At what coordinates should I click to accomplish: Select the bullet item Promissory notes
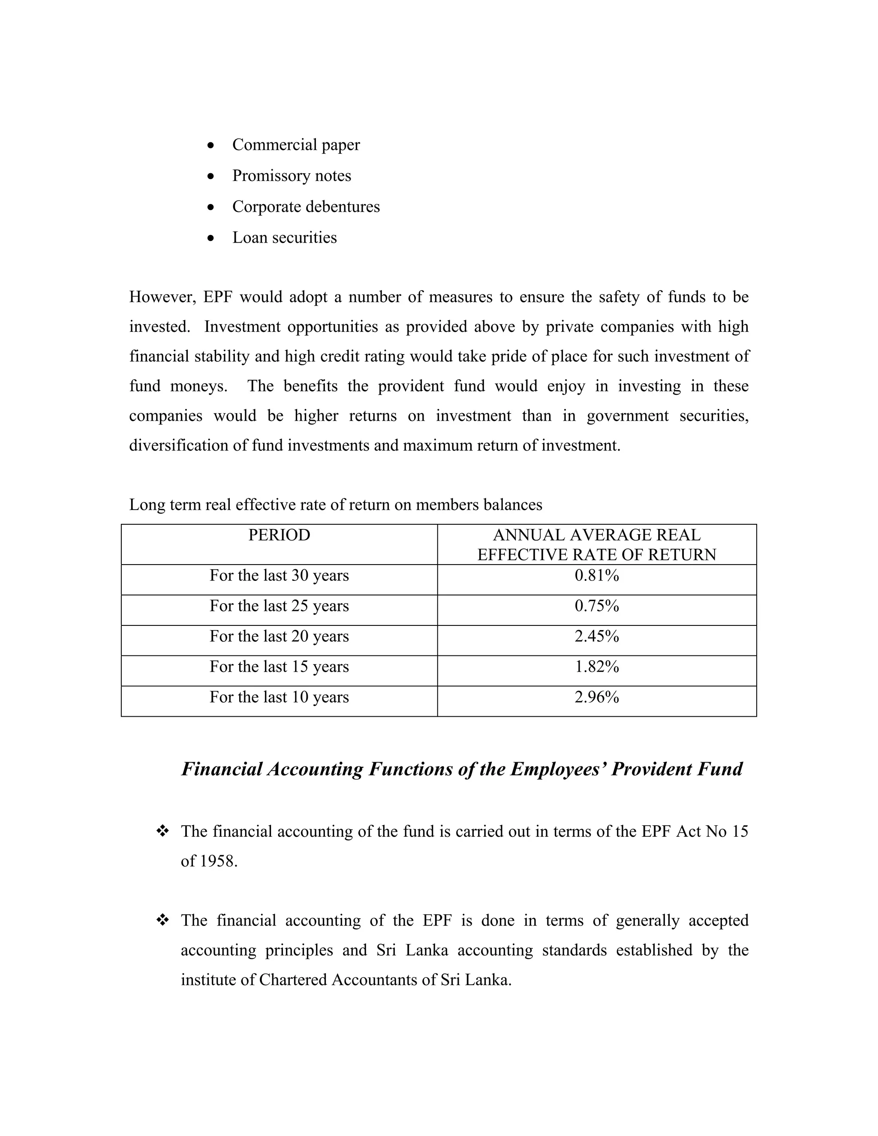coord(291,176)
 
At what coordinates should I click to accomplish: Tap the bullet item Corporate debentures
coord(306,207)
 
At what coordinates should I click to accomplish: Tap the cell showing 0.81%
coord(597,576)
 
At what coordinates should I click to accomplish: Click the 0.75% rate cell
coord(597,606)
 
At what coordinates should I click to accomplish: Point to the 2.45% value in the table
coord(597,636)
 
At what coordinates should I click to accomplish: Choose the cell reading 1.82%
coord(597,667)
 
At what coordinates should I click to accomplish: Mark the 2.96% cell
coord(597,697)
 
